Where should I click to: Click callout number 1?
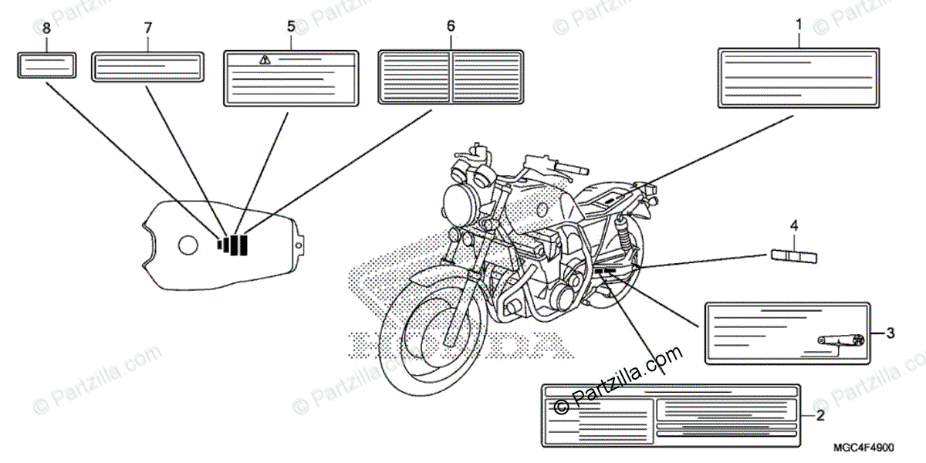[x=798, y=25]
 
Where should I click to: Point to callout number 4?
[x=793, y=227]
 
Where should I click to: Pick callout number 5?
[x=291, y=26]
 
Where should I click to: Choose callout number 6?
[x=451, y=26]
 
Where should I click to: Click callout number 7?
[x=147, y=28]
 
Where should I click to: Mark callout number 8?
[x=46, y=28]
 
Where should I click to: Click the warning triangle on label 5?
[x=265, y=60]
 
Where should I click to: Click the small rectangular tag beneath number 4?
[x=794, y=256]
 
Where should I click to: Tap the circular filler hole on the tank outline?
[x=188, y=246]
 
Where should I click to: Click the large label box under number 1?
[x=798, y=77]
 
